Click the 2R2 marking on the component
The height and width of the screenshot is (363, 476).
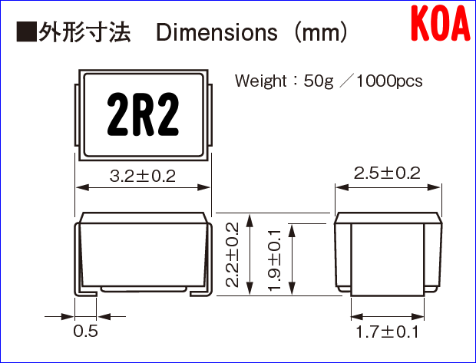(x=143, y=116)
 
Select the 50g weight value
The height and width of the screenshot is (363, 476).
(x=319, y=81)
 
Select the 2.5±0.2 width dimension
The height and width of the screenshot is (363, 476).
(x=387, y=173)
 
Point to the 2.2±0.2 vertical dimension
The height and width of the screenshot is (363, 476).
(x=233, y=253)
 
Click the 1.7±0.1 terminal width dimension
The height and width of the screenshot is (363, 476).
(x=387, y=332)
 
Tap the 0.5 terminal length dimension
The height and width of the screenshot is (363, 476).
(x=84, y=332)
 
